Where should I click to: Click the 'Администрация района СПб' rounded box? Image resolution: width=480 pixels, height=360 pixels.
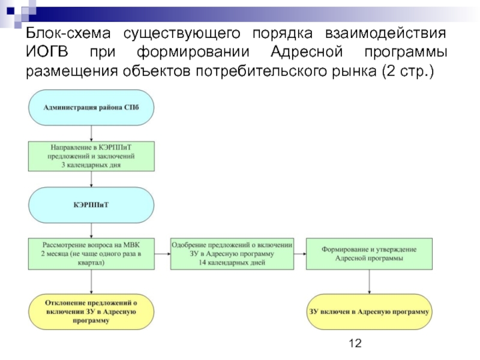pos(91,107)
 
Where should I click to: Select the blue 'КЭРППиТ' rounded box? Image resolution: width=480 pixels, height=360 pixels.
pos(91,205)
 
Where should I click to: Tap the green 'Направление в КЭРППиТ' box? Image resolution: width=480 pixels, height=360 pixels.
pos(91,156)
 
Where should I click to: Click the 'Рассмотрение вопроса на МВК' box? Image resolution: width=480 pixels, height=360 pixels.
pos(91,254)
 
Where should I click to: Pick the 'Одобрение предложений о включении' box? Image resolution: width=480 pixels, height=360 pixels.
pos(232,254)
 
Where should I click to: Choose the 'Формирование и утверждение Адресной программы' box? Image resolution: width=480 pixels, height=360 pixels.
pos(369,254)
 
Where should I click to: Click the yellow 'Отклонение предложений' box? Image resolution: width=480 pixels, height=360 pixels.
pos(91,311)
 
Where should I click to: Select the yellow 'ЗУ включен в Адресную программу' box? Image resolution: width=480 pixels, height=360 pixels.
pos(369,311)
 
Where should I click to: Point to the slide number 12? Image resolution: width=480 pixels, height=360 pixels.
pos(355,343)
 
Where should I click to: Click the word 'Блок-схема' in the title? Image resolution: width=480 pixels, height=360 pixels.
pos(68,33)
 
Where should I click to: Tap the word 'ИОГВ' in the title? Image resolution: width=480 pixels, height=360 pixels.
pos(47,52)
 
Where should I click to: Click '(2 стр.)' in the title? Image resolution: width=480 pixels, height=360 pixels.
pos(408,71)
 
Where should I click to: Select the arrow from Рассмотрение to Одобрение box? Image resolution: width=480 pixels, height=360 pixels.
pos(162,254)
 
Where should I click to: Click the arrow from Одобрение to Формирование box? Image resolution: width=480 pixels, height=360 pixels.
pos(300,254)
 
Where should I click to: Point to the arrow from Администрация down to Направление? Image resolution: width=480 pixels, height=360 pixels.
pos(91,133)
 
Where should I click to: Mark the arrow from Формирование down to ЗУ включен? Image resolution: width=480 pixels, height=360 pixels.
pos(369,282)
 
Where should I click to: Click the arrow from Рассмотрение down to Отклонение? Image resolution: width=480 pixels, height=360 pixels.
pos(91,282)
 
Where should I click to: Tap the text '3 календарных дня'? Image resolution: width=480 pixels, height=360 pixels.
pos(91,165)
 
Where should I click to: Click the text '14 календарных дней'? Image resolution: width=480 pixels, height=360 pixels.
pos(232,262)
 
